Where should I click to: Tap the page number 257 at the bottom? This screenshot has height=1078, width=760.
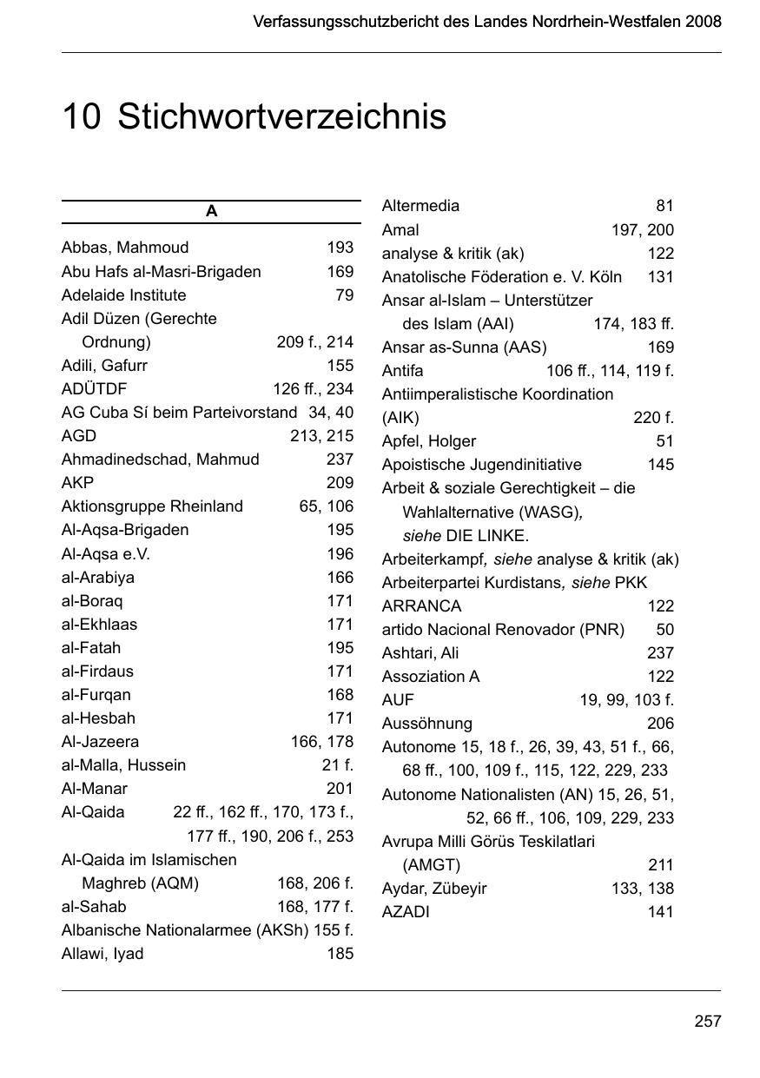coord(707,1022)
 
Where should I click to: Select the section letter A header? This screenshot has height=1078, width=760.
coord(211,212)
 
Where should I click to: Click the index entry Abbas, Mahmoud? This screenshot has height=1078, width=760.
coord(124,248)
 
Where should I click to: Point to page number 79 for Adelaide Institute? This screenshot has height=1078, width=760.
coord(344,294)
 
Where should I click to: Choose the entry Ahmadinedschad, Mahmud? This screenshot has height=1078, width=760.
coord(160,460)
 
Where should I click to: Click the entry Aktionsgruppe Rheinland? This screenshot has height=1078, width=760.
coord(152,506)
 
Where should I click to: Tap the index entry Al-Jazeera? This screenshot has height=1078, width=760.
coord(100,742)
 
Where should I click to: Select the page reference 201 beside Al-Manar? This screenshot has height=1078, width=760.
coord(340,789)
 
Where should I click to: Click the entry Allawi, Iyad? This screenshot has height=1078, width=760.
coord(102,954)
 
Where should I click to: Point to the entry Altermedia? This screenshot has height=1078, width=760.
coord(420,206)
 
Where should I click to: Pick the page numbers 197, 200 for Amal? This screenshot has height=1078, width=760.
coord(642,230)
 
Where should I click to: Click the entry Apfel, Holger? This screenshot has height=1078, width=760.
coord(428,441)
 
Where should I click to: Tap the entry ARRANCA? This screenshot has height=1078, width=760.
coord(421,606)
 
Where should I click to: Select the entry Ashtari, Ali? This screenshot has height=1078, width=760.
coord(420,653)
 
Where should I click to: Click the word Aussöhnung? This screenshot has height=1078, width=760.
coord(426,724)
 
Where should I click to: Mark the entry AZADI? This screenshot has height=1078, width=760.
coord(406,912)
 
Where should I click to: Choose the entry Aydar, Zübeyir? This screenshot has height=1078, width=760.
coord(434,889)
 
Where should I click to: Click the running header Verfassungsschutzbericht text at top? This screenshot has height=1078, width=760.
coord(486,22)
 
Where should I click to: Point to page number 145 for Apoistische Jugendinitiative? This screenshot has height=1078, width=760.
coord(660,465)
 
